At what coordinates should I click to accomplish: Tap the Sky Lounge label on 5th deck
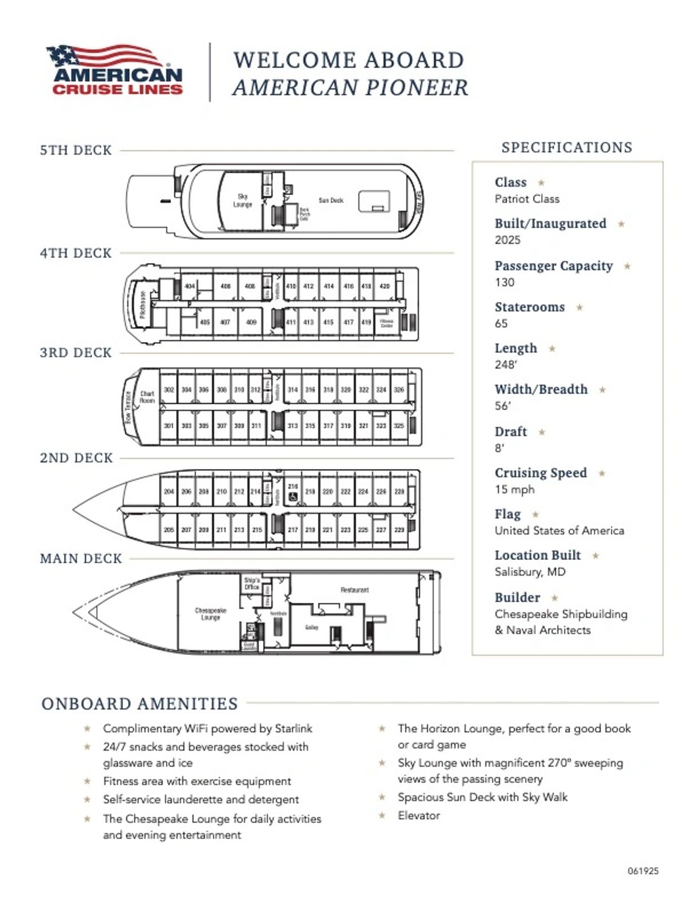242,200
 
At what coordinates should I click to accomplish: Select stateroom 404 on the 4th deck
190,286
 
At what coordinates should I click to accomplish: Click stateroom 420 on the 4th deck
384,286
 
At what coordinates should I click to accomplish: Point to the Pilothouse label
143,304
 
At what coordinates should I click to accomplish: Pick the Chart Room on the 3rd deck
147,397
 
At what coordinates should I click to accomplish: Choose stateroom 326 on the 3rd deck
399,389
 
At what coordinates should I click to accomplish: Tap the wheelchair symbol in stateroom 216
292,497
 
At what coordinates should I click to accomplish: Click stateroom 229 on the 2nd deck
399,530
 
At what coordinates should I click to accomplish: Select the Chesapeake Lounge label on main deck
211,614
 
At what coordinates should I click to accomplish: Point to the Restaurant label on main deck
355,590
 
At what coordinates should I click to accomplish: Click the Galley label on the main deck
311,627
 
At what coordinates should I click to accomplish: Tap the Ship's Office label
252,584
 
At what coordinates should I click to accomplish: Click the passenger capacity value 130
505,282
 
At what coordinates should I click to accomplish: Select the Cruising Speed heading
541,473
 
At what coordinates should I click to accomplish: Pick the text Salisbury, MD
530,572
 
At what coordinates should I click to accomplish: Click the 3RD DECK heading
76,353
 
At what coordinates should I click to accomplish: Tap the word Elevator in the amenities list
419,815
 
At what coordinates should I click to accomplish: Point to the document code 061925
643,871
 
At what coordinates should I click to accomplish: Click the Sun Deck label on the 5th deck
331,200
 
